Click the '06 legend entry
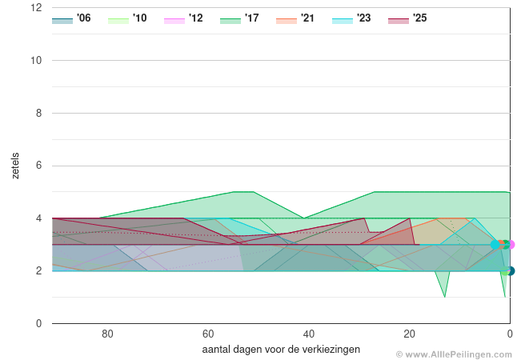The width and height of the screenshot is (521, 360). click(71, 18)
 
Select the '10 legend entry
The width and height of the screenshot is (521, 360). click(127, 18)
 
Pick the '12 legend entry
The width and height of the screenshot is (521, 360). click(183, 18)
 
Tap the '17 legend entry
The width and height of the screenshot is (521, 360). click(239, 18)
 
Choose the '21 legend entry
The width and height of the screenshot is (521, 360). click(295, 18)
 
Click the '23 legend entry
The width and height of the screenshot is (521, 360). click(351, 18)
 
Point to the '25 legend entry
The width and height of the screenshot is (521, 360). click(407, 18)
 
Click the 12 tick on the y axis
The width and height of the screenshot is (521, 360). click(36, 8)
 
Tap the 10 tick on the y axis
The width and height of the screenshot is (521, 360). click(36, 60)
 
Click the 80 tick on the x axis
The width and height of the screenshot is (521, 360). click(107, 334)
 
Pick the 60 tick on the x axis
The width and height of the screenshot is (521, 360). click(207, 334)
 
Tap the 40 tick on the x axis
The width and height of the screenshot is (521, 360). click(308, 334)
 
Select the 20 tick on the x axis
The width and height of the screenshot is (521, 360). click(409, 334)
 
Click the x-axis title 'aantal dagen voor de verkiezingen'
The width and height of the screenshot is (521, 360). click(281, 349)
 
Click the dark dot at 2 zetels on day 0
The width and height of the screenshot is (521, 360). click(510, 271)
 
